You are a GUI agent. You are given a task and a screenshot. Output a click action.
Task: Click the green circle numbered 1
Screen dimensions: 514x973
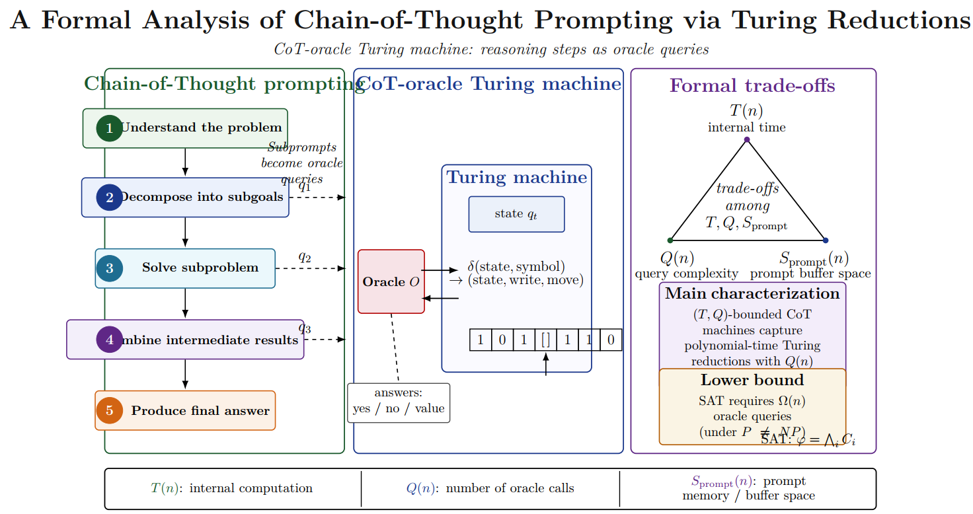[x=109, y=128]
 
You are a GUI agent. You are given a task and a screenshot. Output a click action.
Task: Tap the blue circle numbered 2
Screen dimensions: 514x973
[x=109, y=198]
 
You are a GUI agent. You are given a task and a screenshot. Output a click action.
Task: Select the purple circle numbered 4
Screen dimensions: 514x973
[x=109, y=340]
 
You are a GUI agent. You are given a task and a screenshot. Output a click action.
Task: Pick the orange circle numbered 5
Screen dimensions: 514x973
[x=109, y=410]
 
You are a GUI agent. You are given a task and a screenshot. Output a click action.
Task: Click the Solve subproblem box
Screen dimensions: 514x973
[x=185, y=268]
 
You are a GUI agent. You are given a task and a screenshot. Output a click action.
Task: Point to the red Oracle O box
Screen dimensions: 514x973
[x=391, y=281]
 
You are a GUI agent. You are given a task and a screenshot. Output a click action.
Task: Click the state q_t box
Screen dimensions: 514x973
[x=516, y=214]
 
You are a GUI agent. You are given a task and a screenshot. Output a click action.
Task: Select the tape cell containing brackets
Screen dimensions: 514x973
[x=545, y=340]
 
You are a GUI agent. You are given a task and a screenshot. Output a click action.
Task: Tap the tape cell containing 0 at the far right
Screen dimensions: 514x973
[x=611, y=340]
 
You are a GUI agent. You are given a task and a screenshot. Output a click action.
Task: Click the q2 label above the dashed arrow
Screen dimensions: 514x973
[x=305, y=257]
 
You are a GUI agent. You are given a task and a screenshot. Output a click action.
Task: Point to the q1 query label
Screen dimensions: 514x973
[x=305, y=186]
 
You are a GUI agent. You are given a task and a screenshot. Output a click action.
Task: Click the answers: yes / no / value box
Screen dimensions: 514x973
[x=399, y=402]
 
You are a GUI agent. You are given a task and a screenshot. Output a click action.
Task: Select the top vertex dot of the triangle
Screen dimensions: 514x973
[x=746, y=139]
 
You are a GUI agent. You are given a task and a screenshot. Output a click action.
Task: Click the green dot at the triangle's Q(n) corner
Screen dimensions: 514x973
[x=670, y=240]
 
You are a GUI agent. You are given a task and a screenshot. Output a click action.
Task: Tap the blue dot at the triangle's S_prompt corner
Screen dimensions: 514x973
[x=826, y=240]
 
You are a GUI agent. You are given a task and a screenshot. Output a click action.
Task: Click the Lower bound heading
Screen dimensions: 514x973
[x=752, y=380]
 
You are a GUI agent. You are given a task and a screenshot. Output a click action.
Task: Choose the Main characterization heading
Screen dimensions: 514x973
[x=752, y=293]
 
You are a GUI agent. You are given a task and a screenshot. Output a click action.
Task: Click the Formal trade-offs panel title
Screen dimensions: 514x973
[x=752, y=86]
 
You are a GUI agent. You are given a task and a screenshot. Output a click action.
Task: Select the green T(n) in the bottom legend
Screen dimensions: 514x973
[x=163, y=488]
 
